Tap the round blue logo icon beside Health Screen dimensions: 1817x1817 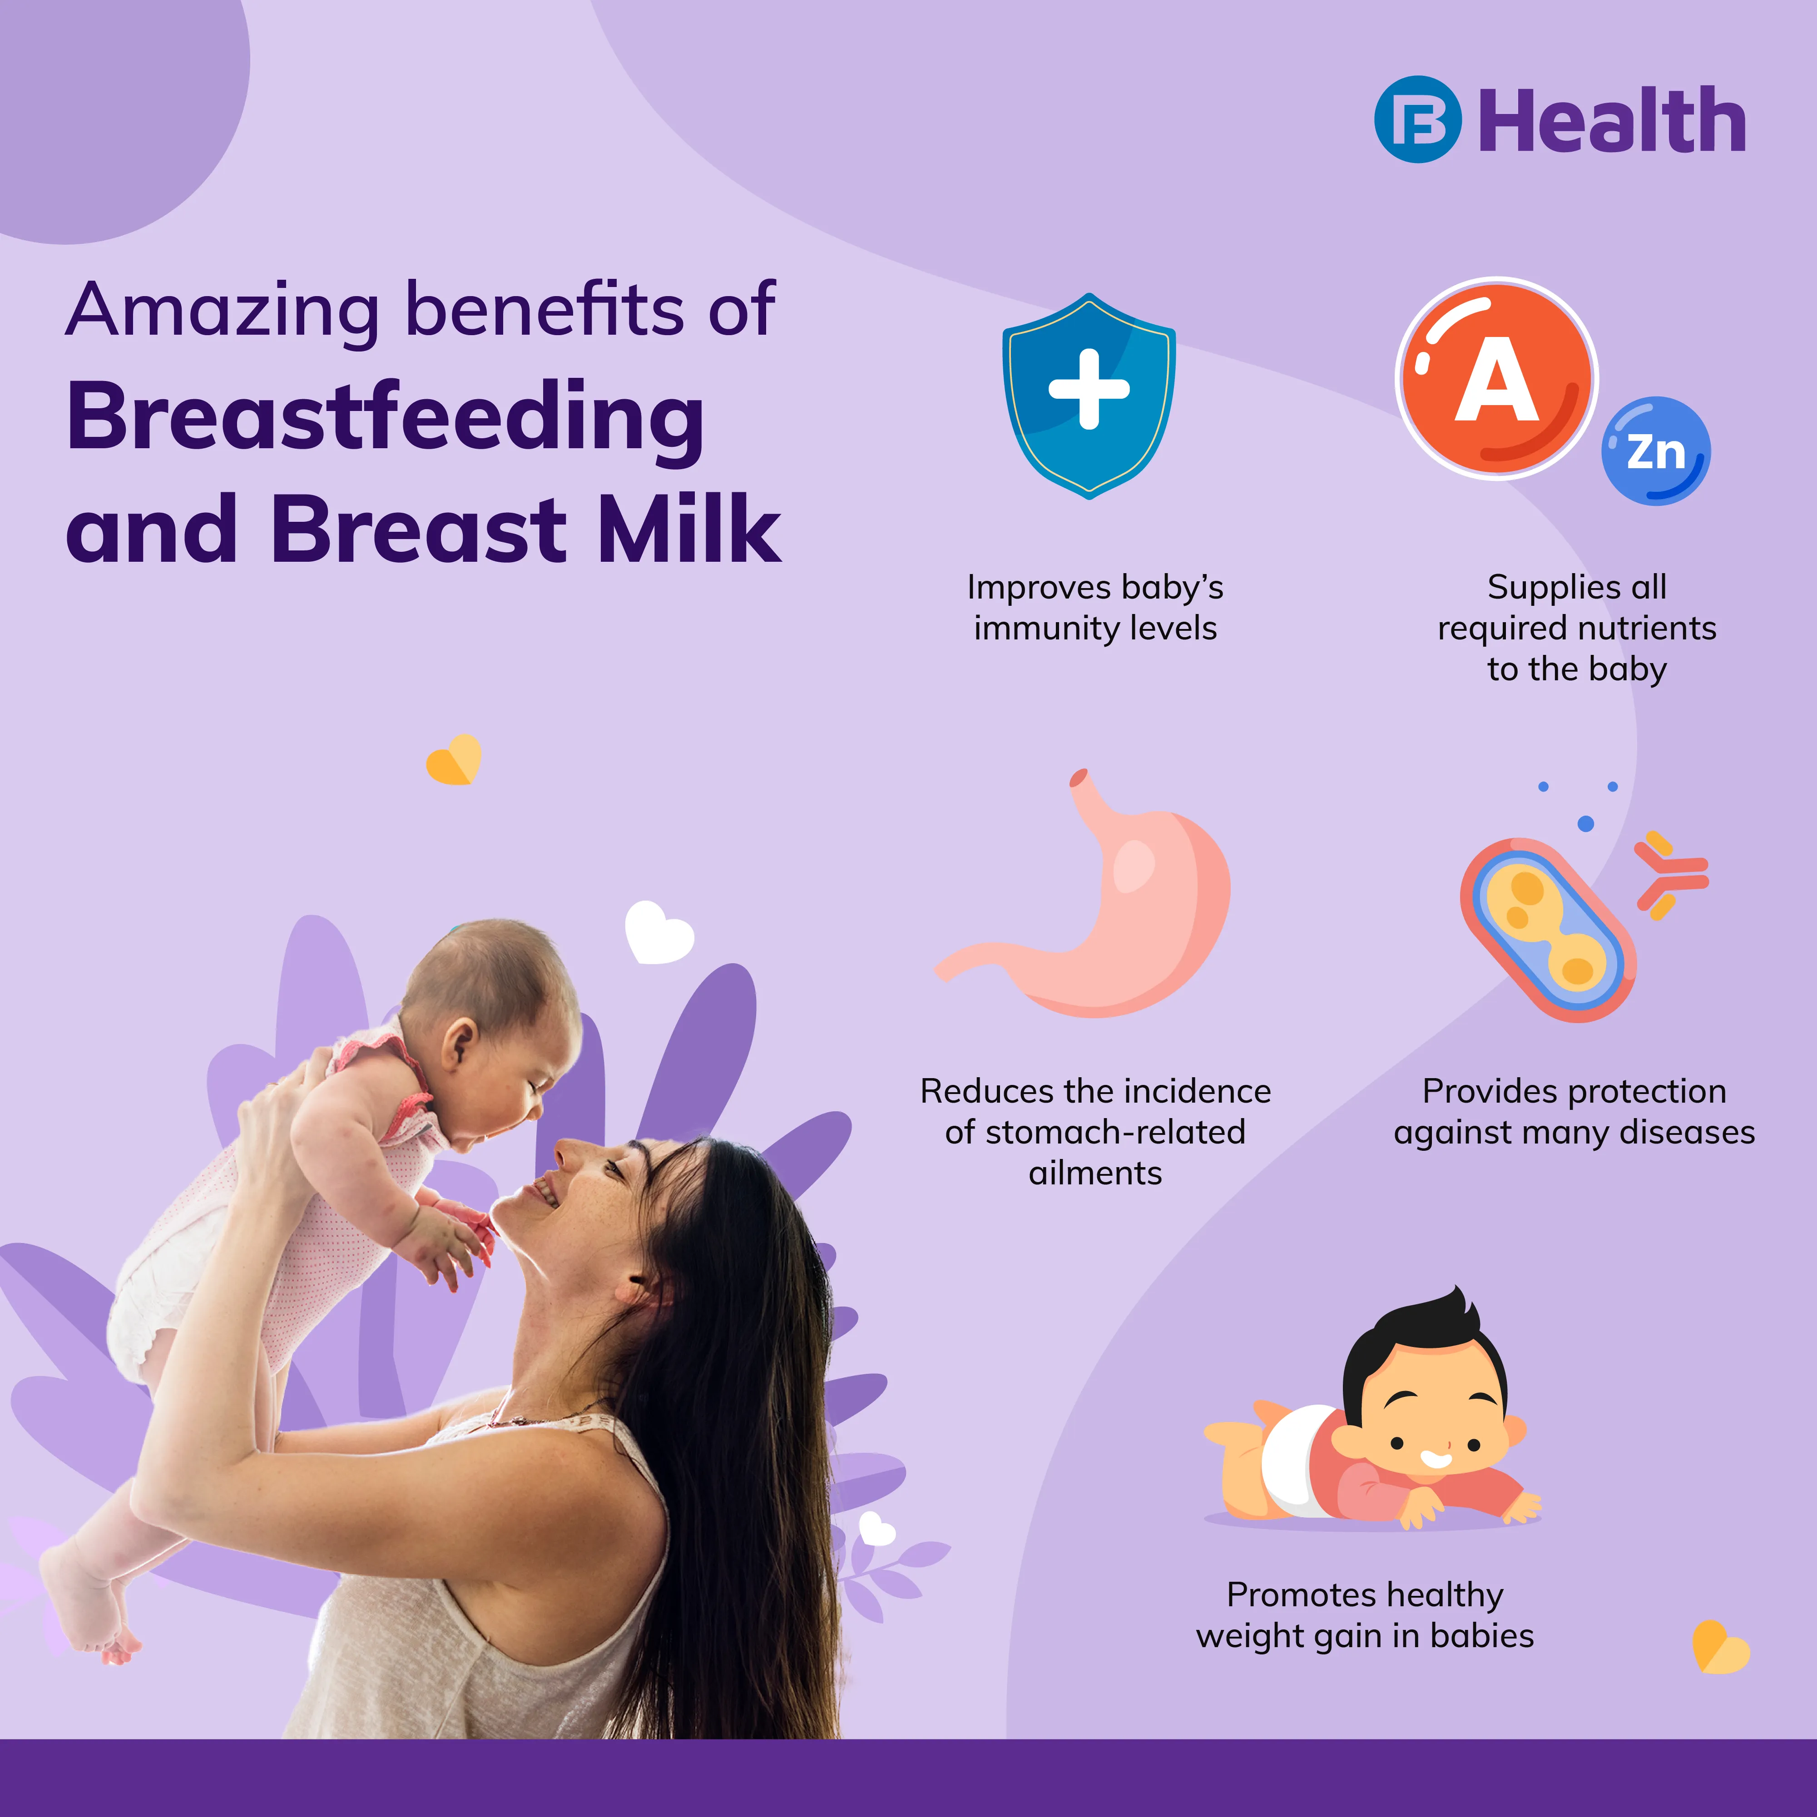pyautogui.click(x=1418, y=119)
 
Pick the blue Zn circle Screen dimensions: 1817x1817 pyautogui.click(x=1655, y=451)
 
